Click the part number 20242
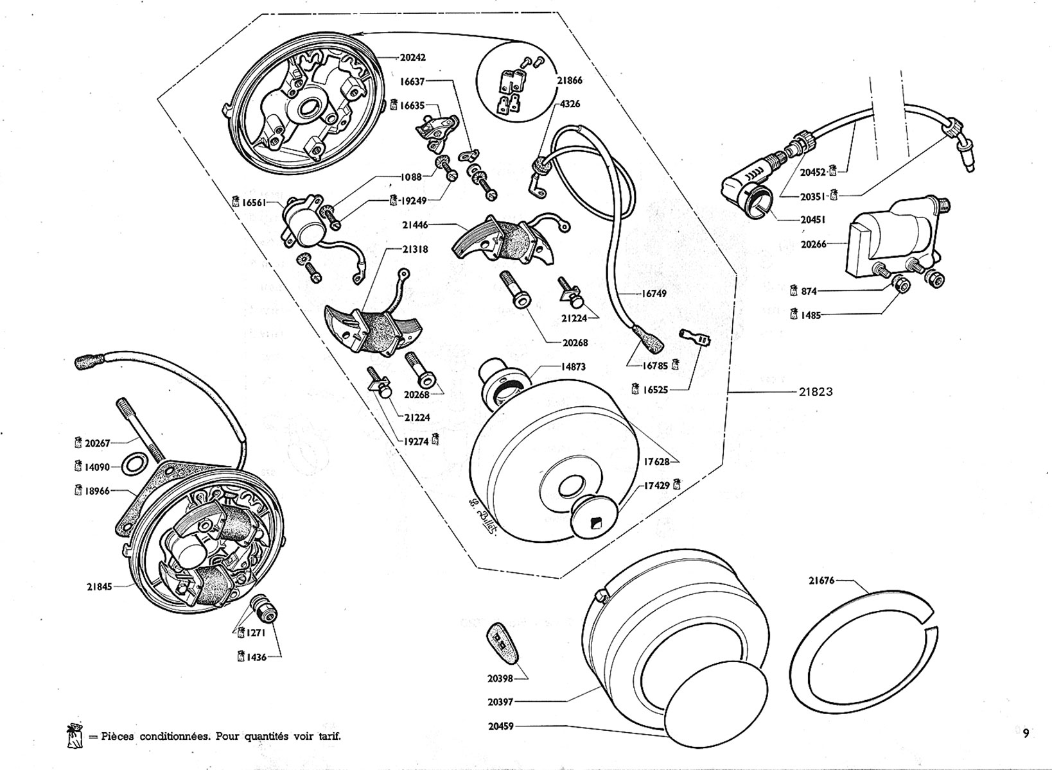pos(412,57)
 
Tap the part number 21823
pos(816,391)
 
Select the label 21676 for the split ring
pos(821,581)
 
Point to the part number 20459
pos(500,726)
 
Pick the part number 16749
pos(654,293)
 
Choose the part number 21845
pos(100,586)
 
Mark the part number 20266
pos(814,244)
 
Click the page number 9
pos(1026,733)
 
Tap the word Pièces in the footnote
pos(118,736)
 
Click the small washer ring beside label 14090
pos(132,464)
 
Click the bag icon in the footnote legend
pos(74,737)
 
